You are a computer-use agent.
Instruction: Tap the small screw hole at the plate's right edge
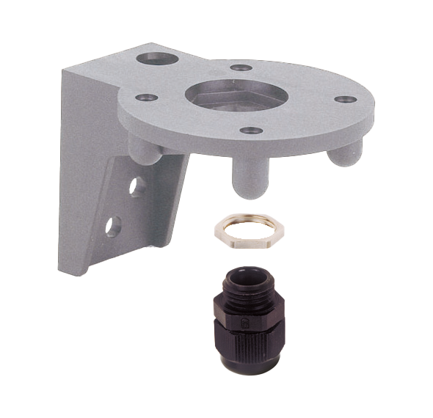click(x=344, y=99)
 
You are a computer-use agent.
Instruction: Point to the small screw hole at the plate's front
click(x=251, y=131)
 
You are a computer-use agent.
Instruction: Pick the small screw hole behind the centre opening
click(x=241, y=67)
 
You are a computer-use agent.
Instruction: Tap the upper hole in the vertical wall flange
click(x=137, y=186)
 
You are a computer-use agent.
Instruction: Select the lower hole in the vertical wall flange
click(x=113, y=226)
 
